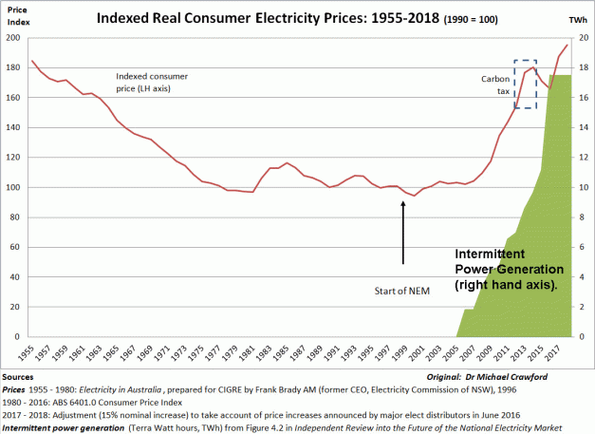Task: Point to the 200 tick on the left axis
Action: [14, 38]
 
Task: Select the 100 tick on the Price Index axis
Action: [14, 187]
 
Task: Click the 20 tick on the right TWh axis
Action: [583, 38]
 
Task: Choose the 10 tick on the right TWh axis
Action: [583, 187]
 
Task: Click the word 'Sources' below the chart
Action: [18, 377]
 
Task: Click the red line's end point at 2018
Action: [567, 46]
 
